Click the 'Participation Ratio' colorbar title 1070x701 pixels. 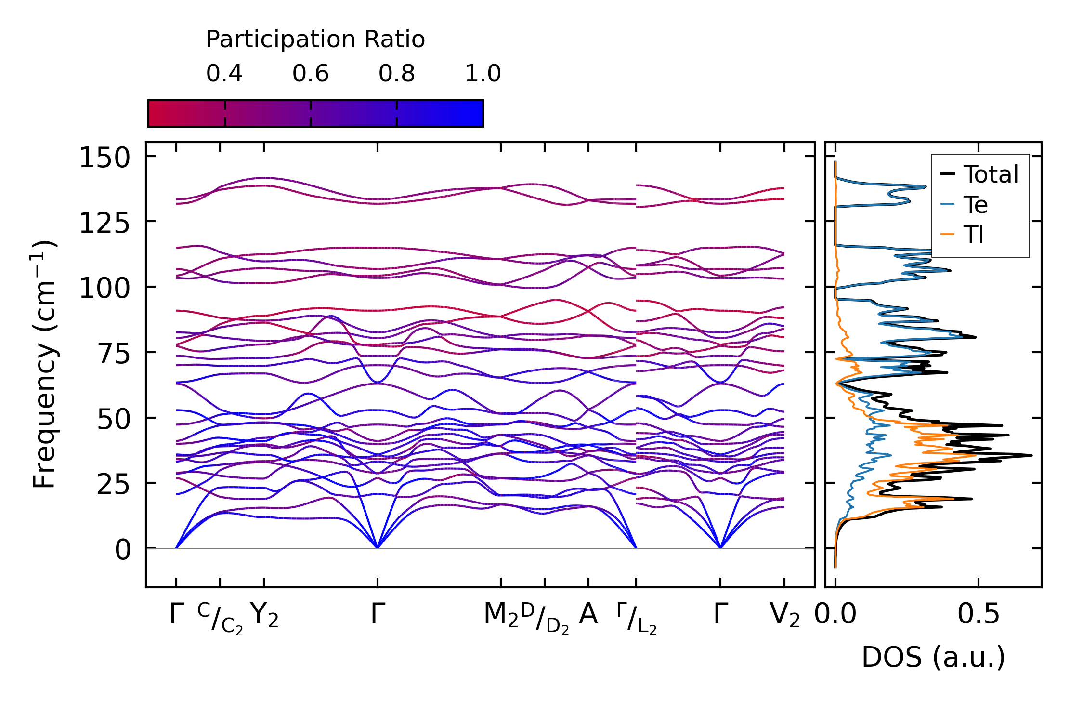coord(315,40)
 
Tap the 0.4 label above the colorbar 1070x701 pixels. coord(224,74)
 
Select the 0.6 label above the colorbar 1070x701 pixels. coord(311,74)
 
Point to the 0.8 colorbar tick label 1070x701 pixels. coord(397,74)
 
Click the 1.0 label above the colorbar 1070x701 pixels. coord(483,74)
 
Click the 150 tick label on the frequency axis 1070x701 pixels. coord(104,158)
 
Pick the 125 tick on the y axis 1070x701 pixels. coord(104,224)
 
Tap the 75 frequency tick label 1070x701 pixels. coord(114,354)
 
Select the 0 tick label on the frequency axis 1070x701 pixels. coord(123,550)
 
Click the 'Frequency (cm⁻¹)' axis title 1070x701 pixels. coord(44,364)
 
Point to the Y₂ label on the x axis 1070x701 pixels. coord(264,615)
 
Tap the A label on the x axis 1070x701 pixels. coord(588,614)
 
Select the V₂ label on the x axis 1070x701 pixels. coord(785,615)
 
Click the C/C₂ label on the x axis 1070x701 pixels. coord(220,618)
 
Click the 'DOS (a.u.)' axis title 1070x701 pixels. coord(933,657)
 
